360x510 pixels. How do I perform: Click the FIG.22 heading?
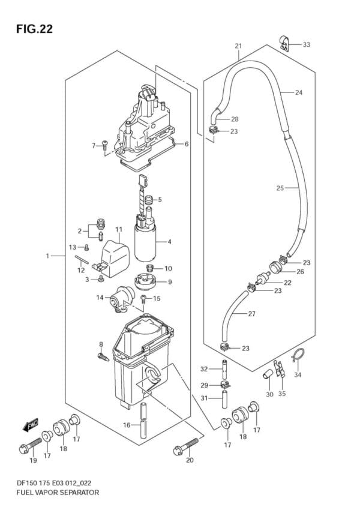[x=34, y=29]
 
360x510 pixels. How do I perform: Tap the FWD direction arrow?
[x=31, y=424]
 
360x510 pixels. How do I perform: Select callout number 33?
[x=307, y=44]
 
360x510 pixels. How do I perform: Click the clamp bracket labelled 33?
[x=284, y=43]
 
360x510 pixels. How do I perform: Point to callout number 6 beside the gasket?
[x=187, y=144]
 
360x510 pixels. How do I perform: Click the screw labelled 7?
[x=105, y=145]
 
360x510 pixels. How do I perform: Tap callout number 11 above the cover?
[x=119, y=230]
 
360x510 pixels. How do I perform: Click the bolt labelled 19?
[x=30, y=445]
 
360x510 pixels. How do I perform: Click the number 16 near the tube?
[x=127, y=425]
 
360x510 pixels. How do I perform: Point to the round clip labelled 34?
[x=298, y=357]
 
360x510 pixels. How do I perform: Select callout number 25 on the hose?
[x=280, y=188]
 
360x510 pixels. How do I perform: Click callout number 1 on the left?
[x=47, y=256]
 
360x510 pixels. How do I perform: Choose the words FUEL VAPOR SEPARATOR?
[x=58, y=493]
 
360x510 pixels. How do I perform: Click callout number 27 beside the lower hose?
[x=252, y=314]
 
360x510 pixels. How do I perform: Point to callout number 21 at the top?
[x=238, y=46]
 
